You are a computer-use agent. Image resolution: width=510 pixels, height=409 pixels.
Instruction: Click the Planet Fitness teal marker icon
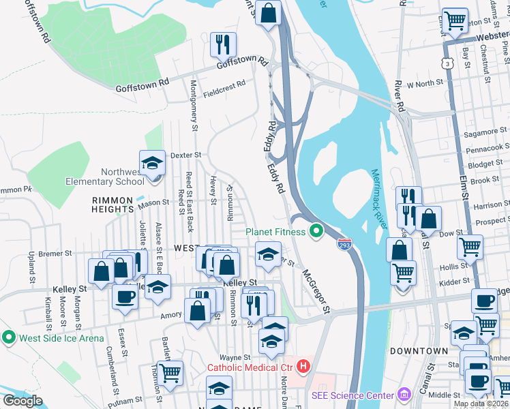pos(316,231)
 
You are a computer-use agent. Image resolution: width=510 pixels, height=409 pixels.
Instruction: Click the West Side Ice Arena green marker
pos(8,337)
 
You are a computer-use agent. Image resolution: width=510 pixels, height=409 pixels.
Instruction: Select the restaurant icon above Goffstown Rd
pos(223,45)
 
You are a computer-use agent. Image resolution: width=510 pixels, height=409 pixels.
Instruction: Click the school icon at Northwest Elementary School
pos(152,163)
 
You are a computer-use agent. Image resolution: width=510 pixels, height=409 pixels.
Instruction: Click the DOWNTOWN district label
pos(419,350)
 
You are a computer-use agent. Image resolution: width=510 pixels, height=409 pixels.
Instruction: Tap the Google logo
pos(23,400)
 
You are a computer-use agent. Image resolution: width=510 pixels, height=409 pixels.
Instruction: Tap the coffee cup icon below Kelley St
pos(125,297)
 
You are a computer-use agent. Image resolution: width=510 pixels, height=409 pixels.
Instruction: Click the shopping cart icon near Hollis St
pos(469,247)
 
